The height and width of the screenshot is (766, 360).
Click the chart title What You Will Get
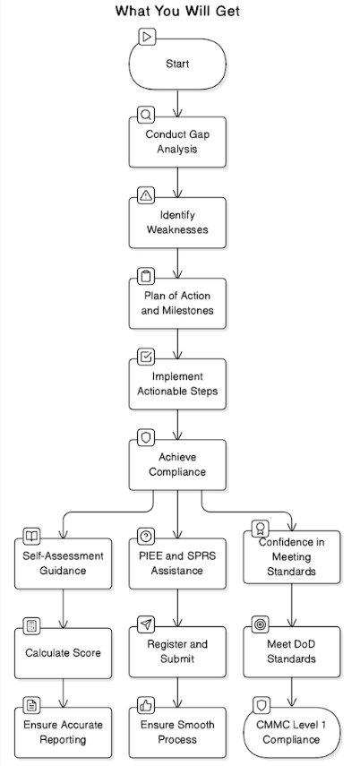pos(178,11)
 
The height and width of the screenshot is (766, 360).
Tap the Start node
pos(178,64)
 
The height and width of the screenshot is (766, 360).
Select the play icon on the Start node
pos(147,37)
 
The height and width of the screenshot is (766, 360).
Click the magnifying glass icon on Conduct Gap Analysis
pos(146,115)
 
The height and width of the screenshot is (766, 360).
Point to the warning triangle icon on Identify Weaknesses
pos(146,195)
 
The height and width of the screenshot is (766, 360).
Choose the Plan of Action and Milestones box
pos(178,304)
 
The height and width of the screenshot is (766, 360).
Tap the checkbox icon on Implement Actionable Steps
pos(146,357)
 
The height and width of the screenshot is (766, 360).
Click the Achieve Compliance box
pos(178,465)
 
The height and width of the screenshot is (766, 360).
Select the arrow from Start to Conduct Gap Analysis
pos(178,103)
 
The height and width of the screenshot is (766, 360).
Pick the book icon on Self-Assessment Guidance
pos(31,537)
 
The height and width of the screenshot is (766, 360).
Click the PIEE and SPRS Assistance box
pos(178,564)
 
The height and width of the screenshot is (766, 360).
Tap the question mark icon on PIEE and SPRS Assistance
pos(146,537)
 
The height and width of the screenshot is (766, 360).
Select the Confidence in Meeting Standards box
pos(292,557)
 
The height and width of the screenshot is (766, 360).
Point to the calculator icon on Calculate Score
pos(31,626)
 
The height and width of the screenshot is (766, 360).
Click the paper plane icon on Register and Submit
pos(146,624)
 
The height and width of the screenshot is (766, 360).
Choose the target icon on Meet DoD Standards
pos(261,624)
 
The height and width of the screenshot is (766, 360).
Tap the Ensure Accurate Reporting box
pos(63,732)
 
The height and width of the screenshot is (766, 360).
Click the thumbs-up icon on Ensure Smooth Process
pos(146,705)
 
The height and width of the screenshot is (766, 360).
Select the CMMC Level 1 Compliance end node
pos(292,732)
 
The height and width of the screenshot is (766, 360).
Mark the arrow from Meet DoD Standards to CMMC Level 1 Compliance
pos(292,693)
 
